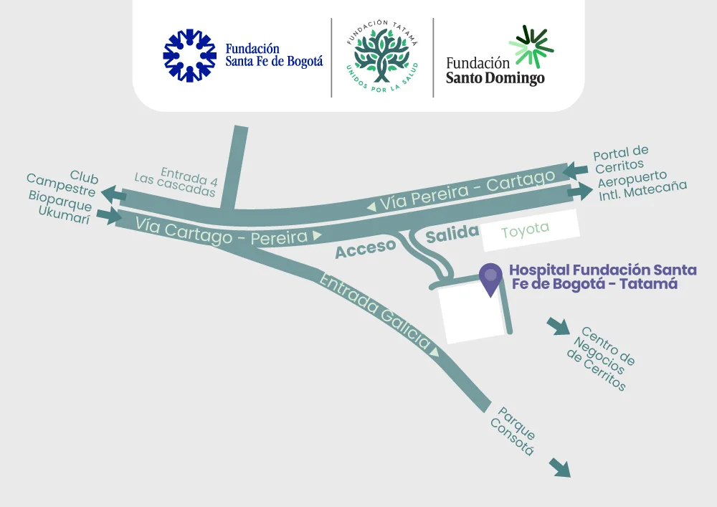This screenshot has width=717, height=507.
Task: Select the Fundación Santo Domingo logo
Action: pos(496,57)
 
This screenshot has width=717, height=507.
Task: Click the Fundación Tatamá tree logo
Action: pos(381,57)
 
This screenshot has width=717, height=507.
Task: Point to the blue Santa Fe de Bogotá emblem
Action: pos(189,56)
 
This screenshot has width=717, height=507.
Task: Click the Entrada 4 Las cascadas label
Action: pos(177,182)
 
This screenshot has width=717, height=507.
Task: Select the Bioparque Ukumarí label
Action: pos(60,207)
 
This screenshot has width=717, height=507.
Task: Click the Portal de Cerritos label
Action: pos(622,159)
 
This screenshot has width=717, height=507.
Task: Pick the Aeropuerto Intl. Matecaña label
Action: pos(642,186)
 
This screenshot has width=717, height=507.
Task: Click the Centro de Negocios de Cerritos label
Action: pos(602,359)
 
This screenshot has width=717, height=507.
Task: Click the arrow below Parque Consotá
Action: pos(560,468)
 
